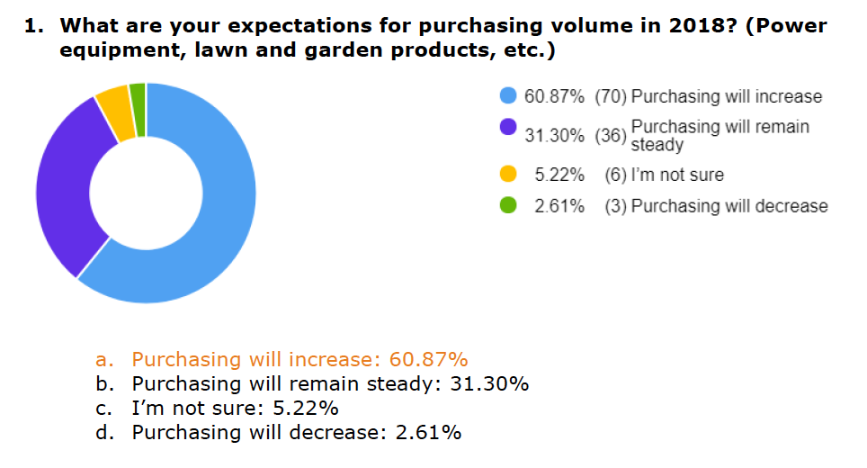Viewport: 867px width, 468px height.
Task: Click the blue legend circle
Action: tap(508, 96)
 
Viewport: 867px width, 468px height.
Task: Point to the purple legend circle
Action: tap(508, 127)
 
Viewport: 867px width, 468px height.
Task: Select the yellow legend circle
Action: tap(508, 175)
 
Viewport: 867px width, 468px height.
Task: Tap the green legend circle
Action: tap(508, 206)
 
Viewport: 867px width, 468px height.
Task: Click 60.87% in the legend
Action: tap(556, 96)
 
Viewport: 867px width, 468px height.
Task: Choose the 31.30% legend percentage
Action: tap(556, 135)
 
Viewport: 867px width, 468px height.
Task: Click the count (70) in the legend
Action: tap(611, 96)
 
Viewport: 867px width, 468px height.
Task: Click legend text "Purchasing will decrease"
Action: tap(729, 206)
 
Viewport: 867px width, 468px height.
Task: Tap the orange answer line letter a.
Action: tap(103, 360)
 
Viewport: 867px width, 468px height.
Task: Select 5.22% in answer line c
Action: tap(300, 409)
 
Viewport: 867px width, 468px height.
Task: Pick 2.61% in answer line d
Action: tap(428, 433)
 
